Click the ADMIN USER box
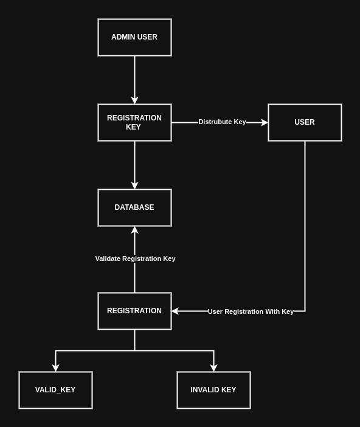pos(134,37)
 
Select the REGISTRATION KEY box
pos(134,122)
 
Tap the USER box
pos(305,122)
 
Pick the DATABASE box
pos(134,207)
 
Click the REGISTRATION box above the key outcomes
pos(134,311)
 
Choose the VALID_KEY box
pos(55,390)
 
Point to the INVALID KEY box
pos(213,390)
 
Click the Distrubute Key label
pos(222,122)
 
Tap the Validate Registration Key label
pos(135,259)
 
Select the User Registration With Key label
pos(251,311)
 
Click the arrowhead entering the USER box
pos(265,122)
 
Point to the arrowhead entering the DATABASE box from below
pos(134,230)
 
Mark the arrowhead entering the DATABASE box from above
pos(134,186)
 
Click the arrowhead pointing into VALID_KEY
pos(55,368)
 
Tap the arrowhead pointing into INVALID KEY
pos(213,368)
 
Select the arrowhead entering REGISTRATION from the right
pos(175,311)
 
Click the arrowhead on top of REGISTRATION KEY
pos(134,100)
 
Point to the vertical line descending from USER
pos(305,225)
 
